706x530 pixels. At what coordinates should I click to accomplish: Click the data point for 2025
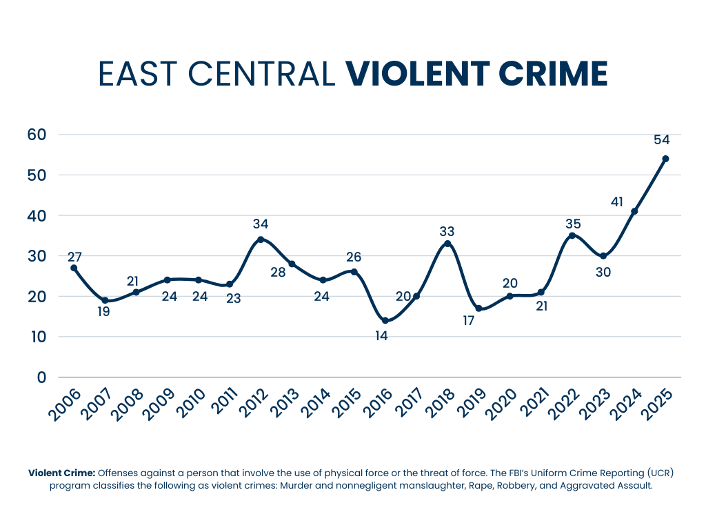[x=665, y=159]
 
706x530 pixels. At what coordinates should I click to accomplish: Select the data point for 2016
[x=385, y=321]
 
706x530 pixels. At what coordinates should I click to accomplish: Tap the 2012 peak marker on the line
[x=261, y=239]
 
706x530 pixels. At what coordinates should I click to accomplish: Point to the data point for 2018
[x=447, y=244]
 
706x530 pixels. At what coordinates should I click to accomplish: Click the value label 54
[x=662, y=139]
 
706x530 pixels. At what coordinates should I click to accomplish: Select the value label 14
[x=381, y=337]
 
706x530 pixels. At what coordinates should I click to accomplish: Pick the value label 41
[x=618, y=202]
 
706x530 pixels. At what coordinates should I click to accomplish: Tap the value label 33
[x=447, y=231]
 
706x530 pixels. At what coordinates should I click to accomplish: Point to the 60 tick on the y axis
[x=37, y=135]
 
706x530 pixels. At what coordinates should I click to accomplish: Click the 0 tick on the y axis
[x=41, y=377]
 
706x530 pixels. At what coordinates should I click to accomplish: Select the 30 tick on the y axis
[x=37, y=256]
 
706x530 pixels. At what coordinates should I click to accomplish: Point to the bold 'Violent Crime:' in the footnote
[x=61, y=473]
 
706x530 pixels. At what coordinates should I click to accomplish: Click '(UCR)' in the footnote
[x=661, y=473]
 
